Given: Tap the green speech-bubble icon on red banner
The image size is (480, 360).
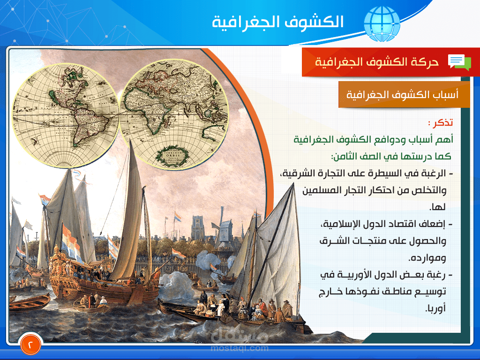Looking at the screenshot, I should point(459,61).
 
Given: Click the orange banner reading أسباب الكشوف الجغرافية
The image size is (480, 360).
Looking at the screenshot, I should point(404,94).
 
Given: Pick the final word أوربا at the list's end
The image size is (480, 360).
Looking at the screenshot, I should point(435,308).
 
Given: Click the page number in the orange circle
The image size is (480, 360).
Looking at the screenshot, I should point(31,345).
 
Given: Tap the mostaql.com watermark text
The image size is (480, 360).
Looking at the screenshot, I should point(240,348).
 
